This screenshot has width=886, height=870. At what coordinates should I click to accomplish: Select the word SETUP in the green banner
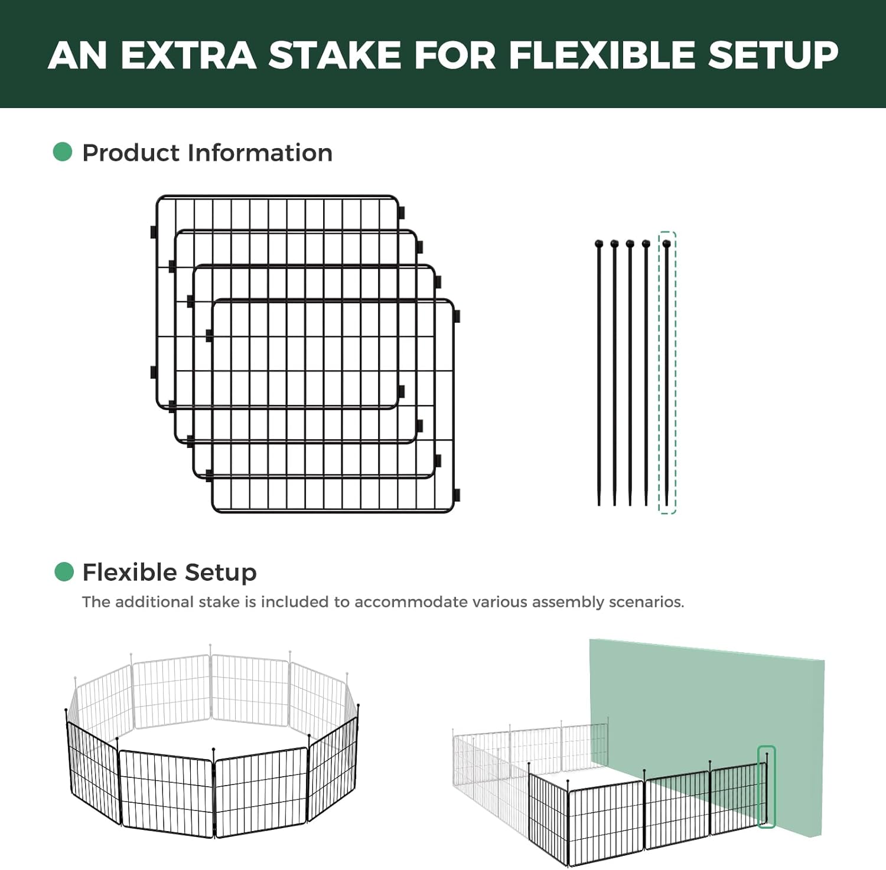pos(773,55)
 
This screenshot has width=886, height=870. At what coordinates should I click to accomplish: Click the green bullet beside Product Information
pos(63,152)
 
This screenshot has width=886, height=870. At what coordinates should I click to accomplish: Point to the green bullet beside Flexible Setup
pos(64,571)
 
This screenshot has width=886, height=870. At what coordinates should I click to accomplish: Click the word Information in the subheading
pos(260,153)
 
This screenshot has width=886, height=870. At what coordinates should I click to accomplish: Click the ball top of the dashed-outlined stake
pos(667,243)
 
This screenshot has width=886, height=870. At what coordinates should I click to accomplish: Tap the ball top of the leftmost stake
pos(599,243)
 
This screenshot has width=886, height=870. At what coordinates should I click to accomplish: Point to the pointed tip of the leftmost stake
pos(599,504)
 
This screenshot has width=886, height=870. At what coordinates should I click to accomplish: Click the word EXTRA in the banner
pos(188,55)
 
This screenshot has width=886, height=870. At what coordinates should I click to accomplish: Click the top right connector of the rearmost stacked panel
pos(402,212)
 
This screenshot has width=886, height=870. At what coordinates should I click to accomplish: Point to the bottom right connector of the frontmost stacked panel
pos(457,495)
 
